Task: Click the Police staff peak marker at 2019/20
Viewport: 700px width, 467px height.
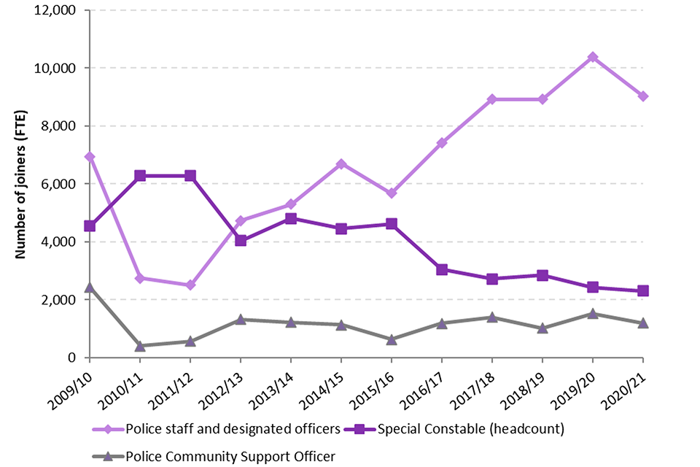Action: click(592, 57)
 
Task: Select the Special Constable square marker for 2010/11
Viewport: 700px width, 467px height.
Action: click(139, 176)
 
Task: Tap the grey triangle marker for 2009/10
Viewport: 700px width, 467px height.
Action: click(89, 287)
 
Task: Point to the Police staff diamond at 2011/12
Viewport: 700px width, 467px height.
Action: click(190, 285)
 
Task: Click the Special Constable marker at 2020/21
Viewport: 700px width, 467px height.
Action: click(642, 290)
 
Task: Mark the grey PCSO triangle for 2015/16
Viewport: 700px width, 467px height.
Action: click(391, 339)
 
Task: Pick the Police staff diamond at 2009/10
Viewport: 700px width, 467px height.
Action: click(89, 157)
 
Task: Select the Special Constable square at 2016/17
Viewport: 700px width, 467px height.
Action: click(441, 269)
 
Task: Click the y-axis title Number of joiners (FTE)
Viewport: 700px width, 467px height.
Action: click(22, 182)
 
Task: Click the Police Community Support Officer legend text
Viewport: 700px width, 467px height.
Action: click(230, 456)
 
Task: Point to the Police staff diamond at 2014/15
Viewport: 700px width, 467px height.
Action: click(341, 164)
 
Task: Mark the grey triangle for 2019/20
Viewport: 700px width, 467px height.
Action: click(592, 314)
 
